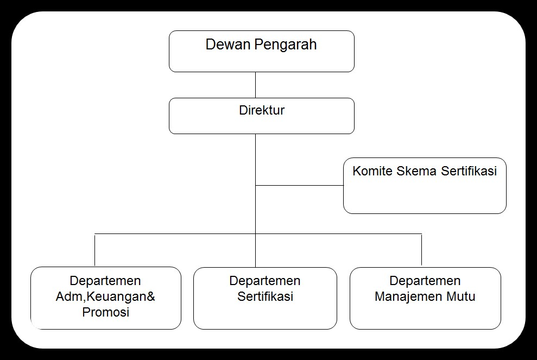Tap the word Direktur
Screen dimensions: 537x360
click(262, 110)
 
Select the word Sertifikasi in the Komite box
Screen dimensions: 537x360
click(469, 171)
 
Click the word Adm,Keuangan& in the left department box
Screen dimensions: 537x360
click(105, 297)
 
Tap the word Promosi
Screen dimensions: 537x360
click(106, 312)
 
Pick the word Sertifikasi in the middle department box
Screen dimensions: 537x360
click(266, 296)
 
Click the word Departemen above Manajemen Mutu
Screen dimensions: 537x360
click(425, 281)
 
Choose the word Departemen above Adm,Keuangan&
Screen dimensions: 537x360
click(105, 281)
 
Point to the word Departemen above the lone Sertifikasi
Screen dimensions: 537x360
click(265, 281)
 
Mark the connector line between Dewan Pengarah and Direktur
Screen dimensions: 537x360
click(256, 85)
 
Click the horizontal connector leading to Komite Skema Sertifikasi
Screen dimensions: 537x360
click(300, 185)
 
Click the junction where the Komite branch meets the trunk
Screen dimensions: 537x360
click(256, 185)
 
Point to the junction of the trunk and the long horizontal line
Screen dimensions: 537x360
click(256, 234)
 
